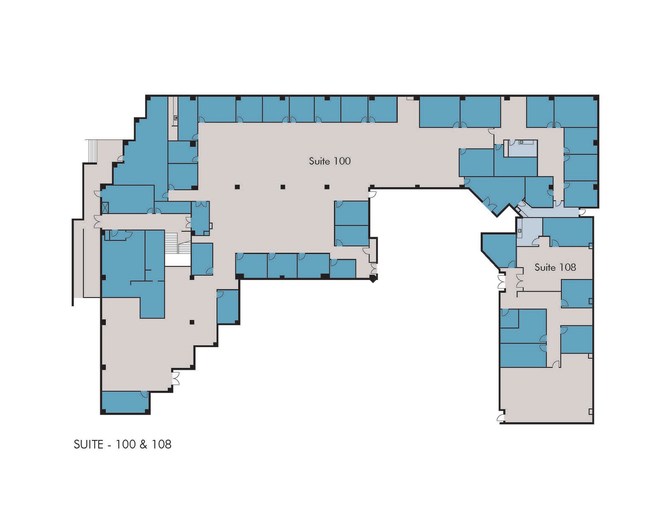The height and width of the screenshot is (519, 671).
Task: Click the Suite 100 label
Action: pyautogui.click(x=329, y=161)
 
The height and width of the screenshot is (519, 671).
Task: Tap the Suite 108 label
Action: pyautogui.click(x=555, y=267)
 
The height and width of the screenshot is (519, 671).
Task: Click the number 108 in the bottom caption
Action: pyautogui.click(x=161, y=444)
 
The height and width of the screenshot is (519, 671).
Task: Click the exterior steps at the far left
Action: pyautogui.click(x=91, y=151)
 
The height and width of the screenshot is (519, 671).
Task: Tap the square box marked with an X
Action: pyautogui.click(x=105, y=208)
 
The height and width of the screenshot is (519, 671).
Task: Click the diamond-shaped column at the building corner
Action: pyautogui.click(x=373, y=279)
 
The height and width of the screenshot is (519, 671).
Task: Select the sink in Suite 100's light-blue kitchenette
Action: pyautogui.click(x=521, y=142)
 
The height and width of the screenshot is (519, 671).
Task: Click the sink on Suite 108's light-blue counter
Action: pyautogui.click(x=520, y=231)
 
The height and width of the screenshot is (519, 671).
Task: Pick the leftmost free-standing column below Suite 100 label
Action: pyautogui.click(x=237, y=187)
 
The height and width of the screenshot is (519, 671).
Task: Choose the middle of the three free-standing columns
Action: pyautogui.click(x=283, y=187)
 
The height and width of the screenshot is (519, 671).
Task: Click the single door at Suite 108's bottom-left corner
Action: pyautogui.click(x=501, y=418)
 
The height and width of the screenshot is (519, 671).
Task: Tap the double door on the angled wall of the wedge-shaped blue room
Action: pyautogui.click(x=487, y=203)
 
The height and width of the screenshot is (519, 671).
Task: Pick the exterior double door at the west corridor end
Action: pyautogui.click(x=97, y=221)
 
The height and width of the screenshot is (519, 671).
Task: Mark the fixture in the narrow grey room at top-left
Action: pyautogui.click(x=176, y=118)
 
